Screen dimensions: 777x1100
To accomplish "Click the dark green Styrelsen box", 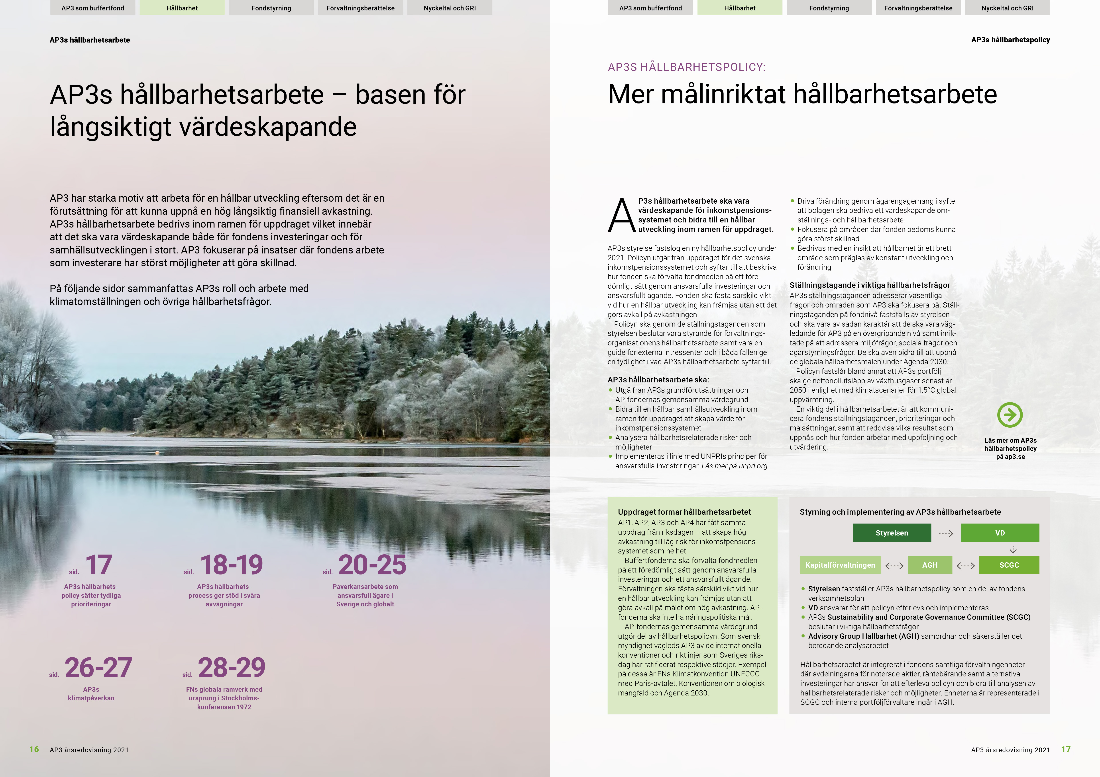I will [x=892, y=533].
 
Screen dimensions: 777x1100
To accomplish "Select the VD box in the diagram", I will [x=1000, y=533].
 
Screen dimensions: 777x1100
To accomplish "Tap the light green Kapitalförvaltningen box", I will [x=840, y=565].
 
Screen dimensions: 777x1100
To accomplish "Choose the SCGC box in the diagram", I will [x=1009, y=565].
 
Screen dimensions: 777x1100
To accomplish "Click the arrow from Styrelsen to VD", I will [x=946, y=533].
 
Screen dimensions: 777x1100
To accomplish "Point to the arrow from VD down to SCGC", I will [x=1013, y=550].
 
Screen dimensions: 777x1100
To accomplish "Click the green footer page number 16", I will [x=34, y=749].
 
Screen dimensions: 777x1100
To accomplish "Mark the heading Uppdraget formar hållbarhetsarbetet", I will [x=684, y=512].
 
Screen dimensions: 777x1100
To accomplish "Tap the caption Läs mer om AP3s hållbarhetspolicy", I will [x=1010, y=449].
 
